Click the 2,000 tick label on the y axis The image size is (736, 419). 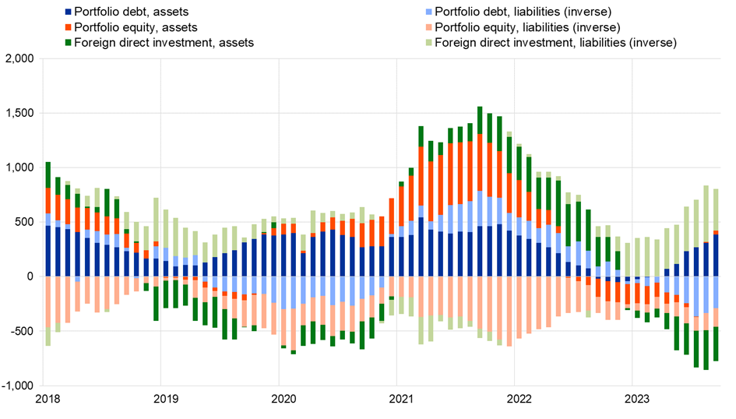pyautogui.click(x=19, y=59)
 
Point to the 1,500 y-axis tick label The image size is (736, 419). pyautogui.click(x=19, y=114)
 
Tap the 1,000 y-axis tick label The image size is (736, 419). pyautogui.click(x=19, y=168)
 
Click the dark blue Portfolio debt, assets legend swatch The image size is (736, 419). pyautogui.click(x=69, y=12)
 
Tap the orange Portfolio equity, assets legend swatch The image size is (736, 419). pyautogui.click(x=69, y=27)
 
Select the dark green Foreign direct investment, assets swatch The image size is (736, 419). pyautogui.click(x=69, y=43)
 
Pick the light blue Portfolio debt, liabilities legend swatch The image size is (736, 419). pyautogui.click(x=428, y=12)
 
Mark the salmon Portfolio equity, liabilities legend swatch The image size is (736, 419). pyautogui.click(x=428, y=27)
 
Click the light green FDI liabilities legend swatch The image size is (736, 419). pyautogui.click(x=428, y=43)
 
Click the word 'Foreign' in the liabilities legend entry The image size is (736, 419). pyautogui.click(x=456, y=43)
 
